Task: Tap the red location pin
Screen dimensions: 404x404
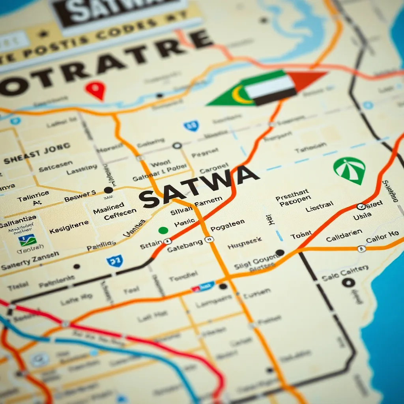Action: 95,90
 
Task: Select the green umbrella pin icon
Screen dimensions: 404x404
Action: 349,170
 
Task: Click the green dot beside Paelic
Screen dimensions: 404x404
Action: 163,230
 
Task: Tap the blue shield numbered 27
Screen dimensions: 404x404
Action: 114,260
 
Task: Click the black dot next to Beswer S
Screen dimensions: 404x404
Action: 108,190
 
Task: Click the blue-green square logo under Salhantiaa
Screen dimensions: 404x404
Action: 27,239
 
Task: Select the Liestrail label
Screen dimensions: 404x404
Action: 320,205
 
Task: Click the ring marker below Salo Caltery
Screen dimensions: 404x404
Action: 348,282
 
